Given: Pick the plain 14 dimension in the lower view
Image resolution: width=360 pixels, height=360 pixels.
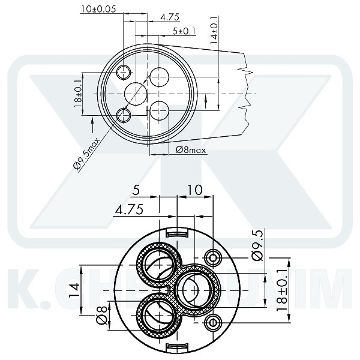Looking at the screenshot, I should click(x=74, y=291).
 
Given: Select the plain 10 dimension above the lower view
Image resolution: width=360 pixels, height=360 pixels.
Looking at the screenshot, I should click(x=195, y=190).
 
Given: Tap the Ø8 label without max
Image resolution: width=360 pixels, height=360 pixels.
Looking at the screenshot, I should click(x=102, y=316).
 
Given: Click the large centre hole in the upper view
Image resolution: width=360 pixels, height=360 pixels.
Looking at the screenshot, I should click(x=136, y=94).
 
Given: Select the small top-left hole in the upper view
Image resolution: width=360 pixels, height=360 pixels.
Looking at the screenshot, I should click(x=124, y=73).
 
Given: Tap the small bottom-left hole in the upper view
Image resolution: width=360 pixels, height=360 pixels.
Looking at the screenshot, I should click(x=124, y=114).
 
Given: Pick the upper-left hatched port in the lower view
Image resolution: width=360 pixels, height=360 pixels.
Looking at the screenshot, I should click(x=157, y=262).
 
